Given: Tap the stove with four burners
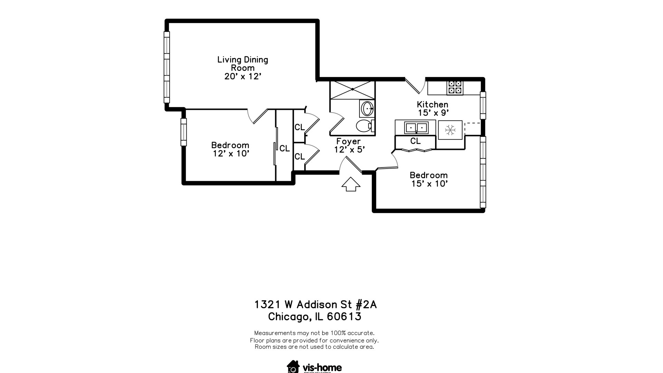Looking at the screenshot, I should click(x=455, y=88).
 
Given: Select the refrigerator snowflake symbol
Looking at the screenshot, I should click(x=450, y=130).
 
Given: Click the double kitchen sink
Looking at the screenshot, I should click(x=416, y=128).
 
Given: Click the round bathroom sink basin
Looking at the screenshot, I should click(x=367, y=109).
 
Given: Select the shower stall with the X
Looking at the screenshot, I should click(x=352, y=89).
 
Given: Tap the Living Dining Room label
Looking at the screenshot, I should click(x=242, y=64).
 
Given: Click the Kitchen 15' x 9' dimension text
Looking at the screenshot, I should click(x=433, y=113).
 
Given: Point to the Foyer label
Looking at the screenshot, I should click(x=348, y=141).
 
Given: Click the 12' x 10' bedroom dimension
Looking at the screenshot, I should click(x=231, y=154).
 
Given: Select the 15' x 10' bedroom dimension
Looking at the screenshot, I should click(x=429, y=184).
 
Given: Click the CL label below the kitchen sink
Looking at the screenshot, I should click(x=415, y=141).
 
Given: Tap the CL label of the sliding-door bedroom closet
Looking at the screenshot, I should click(x=285, y=149).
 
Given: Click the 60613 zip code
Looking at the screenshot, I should click(x=344, y=316).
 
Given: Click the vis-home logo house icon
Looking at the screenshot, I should click(x=293, y=367).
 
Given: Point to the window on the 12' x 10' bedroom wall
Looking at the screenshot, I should click(x=184, y=132).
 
